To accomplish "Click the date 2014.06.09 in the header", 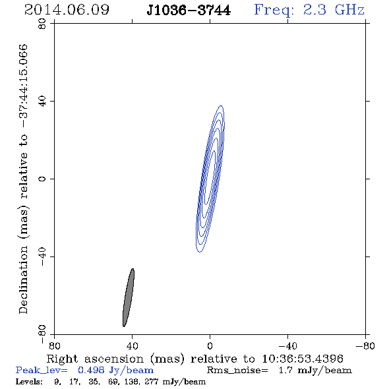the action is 67,10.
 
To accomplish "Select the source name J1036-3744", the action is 189,11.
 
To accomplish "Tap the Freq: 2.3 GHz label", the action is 309,10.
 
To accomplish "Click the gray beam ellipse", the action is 129,297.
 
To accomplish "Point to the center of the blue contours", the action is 210,179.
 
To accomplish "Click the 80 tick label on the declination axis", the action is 42,24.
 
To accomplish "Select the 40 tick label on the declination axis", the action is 42,102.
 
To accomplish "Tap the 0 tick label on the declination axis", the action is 42,179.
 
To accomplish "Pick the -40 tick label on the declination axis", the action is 42,256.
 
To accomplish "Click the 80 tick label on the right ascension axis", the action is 54,346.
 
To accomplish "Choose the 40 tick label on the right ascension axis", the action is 132,346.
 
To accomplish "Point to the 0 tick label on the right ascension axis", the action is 210,346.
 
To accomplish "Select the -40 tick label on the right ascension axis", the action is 287,346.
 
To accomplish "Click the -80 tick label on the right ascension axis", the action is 365,346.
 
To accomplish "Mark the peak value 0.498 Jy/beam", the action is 115,371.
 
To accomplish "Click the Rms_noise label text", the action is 237,371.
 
